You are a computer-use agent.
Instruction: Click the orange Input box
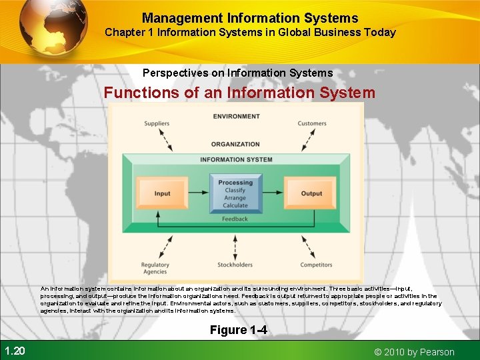coord(162,193)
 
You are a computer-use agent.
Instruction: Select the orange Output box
coord(311,193)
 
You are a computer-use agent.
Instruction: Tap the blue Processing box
coord(235,193)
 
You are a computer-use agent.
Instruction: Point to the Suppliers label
coord(157,123)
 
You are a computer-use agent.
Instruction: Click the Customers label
coord(312,123)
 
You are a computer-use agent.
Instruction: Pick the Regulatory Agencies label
coord(155,268)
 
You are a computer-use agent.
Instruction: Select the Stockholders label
coord(235,265)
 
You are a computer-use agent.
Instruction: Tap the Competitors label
coord(316,265)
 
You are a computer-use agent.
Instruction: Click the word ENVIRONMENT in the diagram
coord(236,117)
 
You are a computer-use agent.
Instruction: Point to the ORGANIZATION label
coord(235,144)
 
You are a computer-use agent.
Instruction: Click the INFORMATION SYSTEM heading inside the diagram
coord(236,159)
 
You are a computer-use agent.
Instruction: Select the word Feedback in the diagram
coord(235,219)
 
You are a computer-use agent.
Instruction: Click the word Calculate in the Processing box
coord(235,205)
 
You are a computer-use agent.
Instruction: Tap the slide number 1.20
coord(14,351)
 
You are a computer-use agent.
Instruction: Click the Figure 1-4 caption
coord(238,330)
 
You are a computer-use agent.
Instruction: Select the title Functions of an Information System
coord(239,93)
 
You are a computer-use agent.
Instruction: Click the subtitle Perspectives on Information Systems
coord(237,73)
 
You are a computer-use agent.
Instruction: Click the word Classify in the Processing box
coord(235,190)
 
